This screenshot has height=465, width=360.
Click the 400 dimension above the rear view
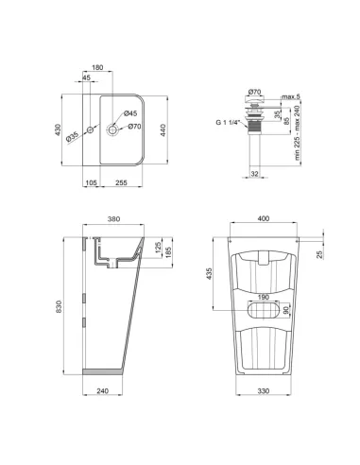[263, 218]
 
